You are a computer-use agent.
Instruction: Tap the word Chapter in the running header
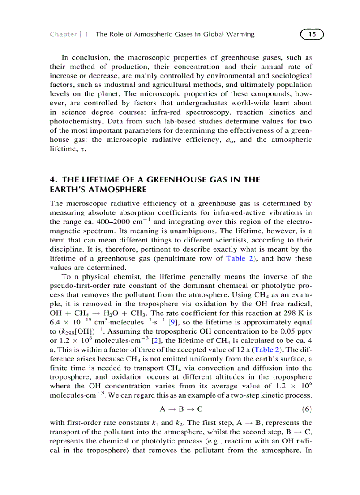point(63,34)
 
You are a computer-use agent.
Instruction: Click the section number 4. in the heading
point(54,179)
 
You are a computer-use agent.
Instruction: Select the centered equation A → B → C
point(181,409)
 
